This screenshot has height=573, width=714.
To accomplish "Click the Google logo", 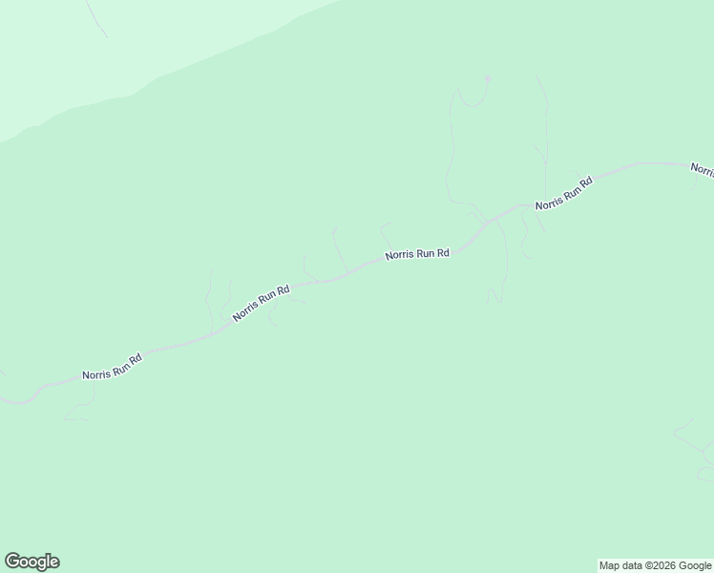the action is pos(31,562).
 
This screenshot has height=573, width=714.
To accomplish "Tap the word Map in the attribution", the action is pos(609,565).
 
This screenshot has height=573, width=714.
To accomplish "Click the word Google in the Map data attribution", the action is pos(695,565).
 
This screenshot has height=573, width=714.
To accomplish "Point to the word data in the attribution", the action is pos(631,565).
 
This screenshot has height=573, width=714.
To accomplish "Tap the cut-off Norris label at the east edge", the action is pos(703,169).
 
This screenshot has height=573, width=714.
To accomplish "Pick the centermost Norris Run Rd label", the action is pos(417,255).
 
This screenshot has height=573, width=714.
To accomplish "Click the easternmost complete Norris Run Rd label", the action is pos(564,193).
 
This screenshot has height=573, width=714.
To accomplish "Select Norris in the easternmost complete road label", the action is pos(548,202).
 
